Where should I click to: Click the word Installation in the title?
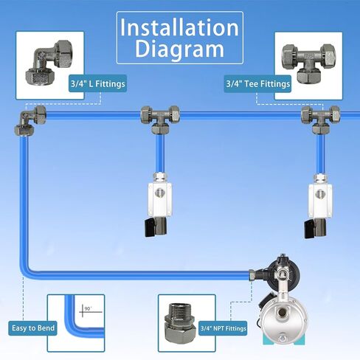pos(179,27)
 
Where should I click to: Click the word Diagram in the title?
pos(179,49)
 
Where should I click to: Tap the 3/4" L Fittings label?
pos(98,83)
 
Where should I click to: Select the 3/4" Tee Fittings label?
pos(257,84)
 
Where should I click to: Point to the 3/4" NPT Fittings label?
pos(224,328)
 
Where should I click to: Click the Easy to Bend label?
pos(33,328)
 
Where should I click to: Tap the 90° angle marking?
pos(89,308)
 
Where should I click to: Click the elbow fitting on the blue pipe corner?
pos(30,120)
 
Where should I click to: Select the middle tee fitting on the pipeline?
pos(160,120)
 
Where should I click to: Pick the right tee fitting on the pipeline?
pos(320,120)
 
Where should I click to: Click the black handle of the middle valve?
pos(150,228)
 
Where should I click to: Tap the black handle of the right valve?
pos(311,229)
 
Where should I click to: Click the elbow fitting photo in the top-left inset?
pos(49,64)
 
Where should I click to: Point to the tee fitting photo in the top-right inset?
pos(308,63)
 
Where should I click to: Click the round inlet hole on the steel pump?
pos(282,313)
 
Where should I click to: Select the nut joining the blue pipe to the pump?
pos(252,275)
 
